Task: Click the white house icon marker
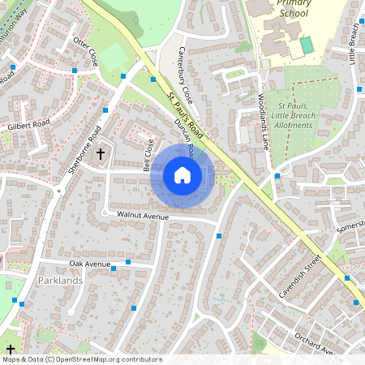point(182,174)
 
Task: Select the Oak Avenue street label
point(89,264)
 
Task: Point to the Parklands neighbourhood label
point(60,281)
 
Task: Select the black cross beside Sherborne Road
point(101,152)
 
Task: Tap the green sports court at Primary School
point(306,45)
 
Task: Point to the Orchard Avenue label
point(316,342)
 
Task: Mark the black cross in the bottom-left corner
point(10,349)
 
